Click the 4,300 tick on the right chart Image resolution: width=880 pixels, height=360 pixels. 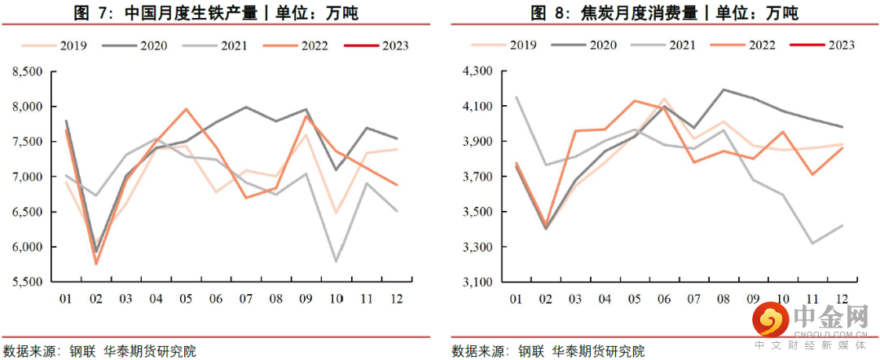[474, 72]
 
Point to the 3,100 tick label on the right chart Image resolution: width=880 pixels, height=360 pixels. [474, 283]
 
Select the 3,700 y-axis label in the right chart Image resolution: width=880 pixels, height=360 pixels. [474, 177]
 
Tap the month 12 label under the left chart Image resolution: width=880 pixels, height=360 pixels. [396, 299]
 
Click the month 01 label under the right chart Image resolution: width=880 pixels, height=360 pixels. [515, 299]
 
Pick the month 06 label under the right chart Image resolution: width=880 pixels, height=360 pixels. [664, 299]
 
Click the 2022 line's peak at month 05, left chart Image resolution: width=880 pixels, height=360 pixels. [186, 108]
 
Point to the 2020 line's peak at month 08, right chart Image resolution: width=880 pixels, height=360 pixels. [724, 90]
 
